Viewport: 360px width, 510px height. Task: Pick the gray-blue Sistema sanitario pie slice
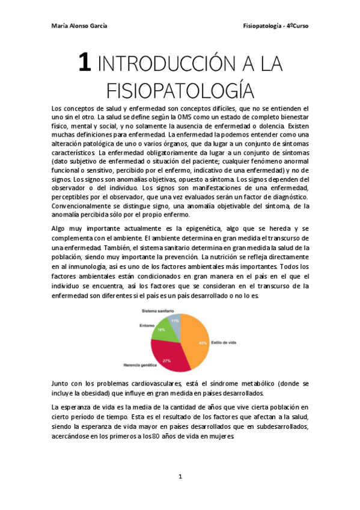174,321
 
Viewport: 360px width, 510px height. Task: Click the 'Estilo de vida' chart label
224,342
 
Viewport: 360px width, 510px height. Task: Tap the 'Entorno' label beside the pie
147,326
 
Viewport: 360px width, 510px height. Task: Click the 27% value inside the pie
166,360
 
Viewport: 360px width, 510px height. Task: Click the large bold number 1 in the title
85,63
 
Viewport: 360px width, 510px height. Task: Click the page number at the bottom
180,476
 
